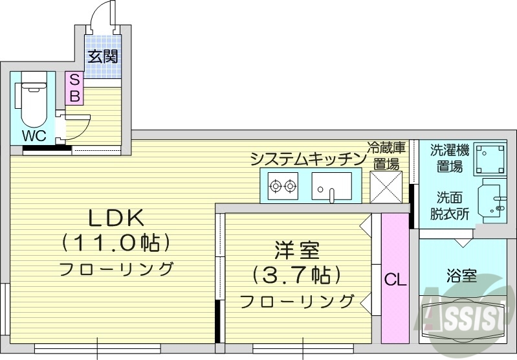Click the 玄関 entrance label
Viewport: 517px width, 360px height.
[104, 57]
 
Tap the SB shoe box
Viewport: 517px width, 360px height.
[74, 89]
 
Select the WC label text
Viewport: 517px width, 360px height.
[33, 136]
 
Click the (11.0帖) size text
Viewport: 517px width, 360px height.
[116, 243]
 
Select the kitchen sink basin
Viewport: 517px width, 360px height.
[331, 186]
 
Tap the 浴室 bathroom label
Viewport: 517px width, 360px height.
[461, 276]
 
